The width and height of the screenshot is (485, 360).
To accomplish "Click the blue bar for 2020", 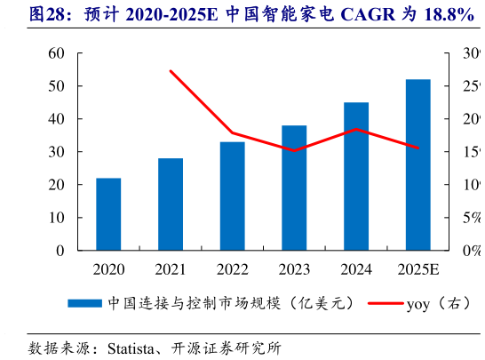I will [108, 214].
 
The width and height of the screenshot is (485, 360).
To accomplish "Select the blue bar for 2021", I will [171, 204].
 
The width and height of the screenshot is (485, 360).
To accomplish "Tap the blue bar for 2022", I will [233, 196].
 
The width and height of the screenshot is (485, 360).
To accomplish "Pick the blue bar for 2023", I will [294, 188].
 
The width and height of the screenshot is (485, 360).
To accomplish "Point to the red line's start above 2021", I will [171, 71].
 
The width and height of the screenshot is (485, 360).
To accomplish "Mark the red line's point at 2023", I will [294, 150].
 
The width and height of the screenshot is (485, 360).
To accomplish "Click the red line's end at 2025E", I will [417, 148].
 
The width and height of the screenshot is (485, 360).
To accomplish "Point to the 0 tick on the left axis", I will [60, 251].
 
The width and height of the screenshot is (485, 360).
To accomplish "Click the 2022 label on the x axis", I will [233, 269].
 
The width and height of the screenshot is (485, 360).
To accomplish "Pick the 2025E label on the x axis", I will [417, 269].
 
